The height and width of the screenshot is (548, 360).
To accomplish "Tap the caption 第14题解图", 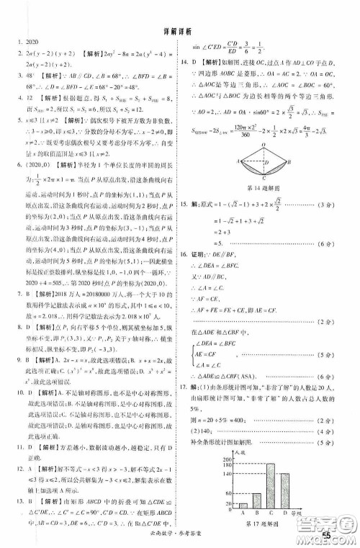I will pyautogui.click(x=264, y=189).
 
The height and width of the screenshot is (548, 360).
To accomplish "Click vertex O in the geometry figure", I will pyautogui.click(x=262, y=143).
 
